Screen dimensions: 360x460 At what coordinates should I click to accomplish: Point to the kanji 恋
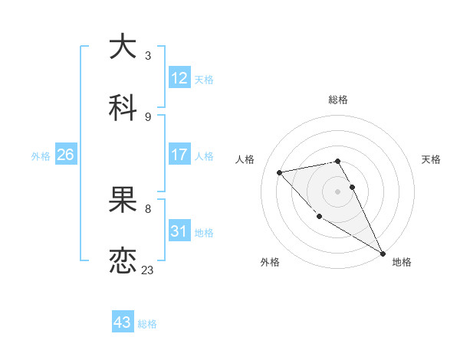pos(123,261)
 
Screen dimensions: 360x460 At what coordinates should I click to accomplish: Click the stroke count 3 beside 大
pos(148,56)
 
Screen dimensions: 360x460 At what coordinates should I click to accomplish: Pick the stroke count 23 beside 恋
pos(148,270)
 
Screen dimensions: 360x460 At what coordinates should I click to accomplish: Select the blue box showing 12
pos(179,78)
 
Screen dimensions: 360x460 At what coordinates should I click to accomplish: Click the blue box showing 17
pos(179,155)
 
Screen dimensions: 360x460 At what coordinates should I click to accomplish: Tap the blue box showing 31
pos(179,231)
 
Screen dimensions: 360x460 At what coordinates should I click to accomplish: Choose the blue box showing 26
pos(66,155)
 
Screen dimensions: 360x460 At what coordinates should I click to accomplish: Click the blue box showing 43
pos(123,322)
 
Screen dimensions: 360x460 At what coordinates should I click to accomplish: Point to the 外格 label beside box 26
pos(41,155)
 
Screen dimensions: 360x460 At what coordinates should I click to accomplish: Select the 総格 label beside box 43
pos(147,324)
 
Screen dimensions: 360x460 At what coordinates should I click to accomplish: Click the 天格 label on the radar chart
pos(432,159)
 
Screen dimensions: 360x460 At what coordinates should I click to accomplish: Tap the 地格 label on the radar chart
pos(402,263)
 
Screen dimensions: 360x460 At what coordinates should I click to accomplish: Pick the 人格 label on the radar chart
pos(245,159)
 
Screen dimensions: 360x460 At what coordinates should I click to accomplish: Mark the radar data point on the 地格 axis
pos(383,253)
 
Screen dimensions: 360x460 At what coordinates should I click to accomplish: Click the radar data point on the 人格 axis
pos(280,172)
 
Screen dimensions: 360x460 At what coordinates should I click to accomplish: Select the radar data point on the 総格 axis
pos(337,161)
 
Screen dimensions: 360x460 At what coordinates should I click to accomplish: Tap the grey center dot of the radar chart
pos(337,191)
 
